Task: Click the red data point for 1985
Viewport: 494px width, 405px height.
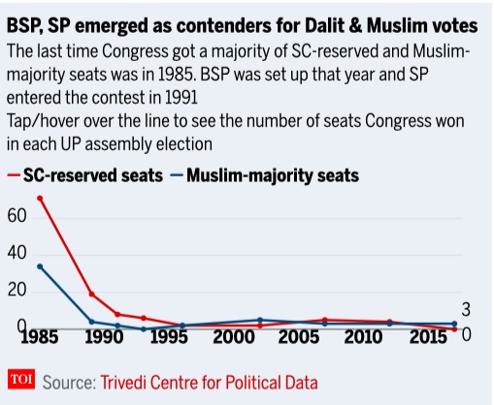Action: pos(40,198)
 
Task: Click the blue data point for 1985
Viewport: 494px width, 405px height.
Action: pos(40,266)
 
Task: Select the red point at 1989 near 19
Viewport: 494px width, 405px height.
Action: pos(91,294)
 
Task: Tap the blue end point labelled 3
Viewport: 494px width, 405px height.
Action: pos(454,324)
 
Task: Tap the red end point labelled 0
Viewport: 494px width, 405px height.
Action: pos(454,329)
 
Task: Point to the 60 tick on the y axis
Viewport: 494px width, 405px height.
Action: pos(16,216)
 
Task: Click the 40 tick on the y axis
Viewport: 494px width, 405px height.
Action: pos(16,253)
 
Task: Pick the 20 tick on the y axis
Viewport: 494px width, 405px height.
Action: pos(16,290)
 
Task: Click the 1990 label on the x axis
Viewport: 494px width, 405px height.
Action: pos(104,337)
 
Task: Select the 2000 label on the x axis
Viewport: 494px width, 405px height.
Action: pos(233,337)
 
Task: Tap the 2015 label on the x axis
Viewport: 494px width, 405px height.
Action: pos(429,337)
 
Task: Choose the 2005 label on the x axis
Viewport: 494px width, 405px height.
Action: pos(299,337)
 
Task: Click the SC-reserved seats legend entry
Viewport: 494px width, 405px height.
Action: pos(85,176)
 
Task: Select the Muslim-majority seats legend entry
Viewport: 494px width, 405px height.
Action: pos(265,176)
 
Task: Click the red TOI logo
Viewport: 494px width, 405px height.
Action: pos(21,379)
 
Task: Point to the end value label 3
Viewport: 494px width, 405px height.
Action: pos(466,309)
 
